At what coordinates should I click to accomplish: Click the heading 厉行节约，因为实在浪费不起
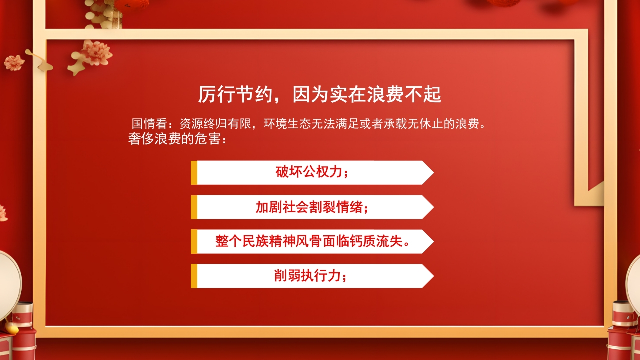(x=319, y=94)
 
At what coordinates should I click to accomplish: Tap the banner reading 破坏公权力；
(x=312, y=172)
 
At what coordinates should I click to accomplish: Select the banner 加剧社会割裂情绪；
(x=312, y=207)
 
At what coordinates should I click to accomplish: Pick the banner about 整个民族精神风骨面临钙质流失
(x=312, y=241)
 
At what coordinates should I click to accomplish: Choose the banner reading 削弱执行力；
(x=312, y=276)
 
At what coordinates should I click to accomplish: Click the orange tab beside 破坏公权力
(x=194, y=172)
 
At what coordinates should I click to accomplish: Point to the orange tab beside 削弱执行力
(x=194, y=276)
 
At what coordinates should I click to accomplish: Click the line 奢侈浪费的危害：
(x=178, y=139)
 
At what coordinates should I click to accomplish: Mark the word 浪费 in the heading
(x=385, y=94)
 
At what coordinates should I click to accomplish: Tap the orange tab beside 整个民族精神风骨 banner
(x=194, y=241)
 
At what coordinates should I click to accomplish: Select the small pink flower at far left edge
(x=14, y=62)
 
